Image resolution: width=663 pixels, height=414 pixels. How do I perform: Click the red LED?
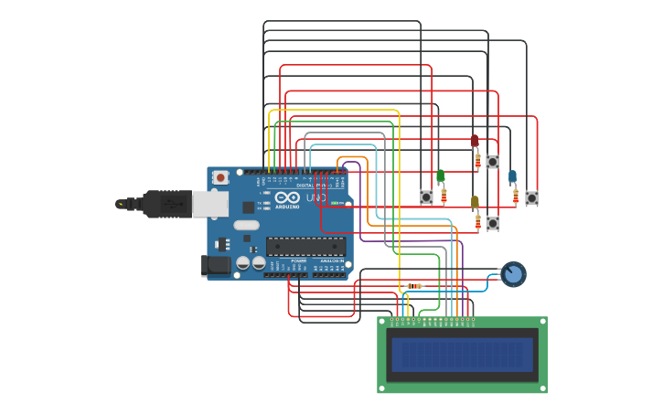pos(474,141)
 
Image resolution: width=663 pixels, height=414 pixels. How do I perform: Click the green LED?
pos(440,175)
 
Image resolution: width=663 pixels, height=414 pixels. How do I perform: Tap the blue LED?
pos(512,176)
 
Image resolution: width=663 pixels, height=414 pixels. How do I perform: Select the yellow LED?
pos(475,202)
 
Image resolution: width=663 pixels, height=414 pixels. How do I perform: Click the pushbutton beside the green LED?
pos(426,196)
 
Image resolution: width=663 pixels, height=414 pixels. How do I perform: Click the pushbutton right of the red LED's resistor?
pos(492,162)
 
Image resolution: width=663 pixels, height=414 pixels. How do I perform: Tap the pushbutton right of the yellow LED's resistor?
pos(493,223)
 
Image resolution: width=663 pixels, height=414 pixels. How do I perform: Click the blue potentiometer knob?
pos(513,274)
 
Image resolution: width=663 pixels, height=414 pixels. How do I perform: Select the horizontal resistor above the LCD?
pos(414,286)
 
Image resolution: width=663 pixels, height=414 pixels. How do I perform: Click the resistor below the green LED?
pos(444,196)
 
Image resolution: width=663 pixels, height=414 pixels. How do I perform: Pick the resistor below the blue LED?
pos(516,196)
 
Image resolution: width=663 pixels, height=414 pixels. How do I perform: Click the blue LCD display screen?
pos(462,355)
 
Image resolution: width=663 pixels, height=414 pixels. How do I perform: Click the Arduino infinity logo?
pos(287,197)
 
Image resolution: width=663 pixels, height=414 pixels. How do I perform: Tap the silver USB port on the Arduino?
pos(209,204)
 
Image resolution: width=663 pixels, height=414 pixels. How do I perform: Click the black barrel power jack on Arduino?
pos(215,265)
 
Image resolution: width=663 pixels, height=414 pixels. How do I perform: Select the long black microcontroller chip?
pos(305,246)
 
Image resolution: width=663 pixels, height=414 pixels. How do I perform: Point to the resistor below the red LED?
pos(477,161)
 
